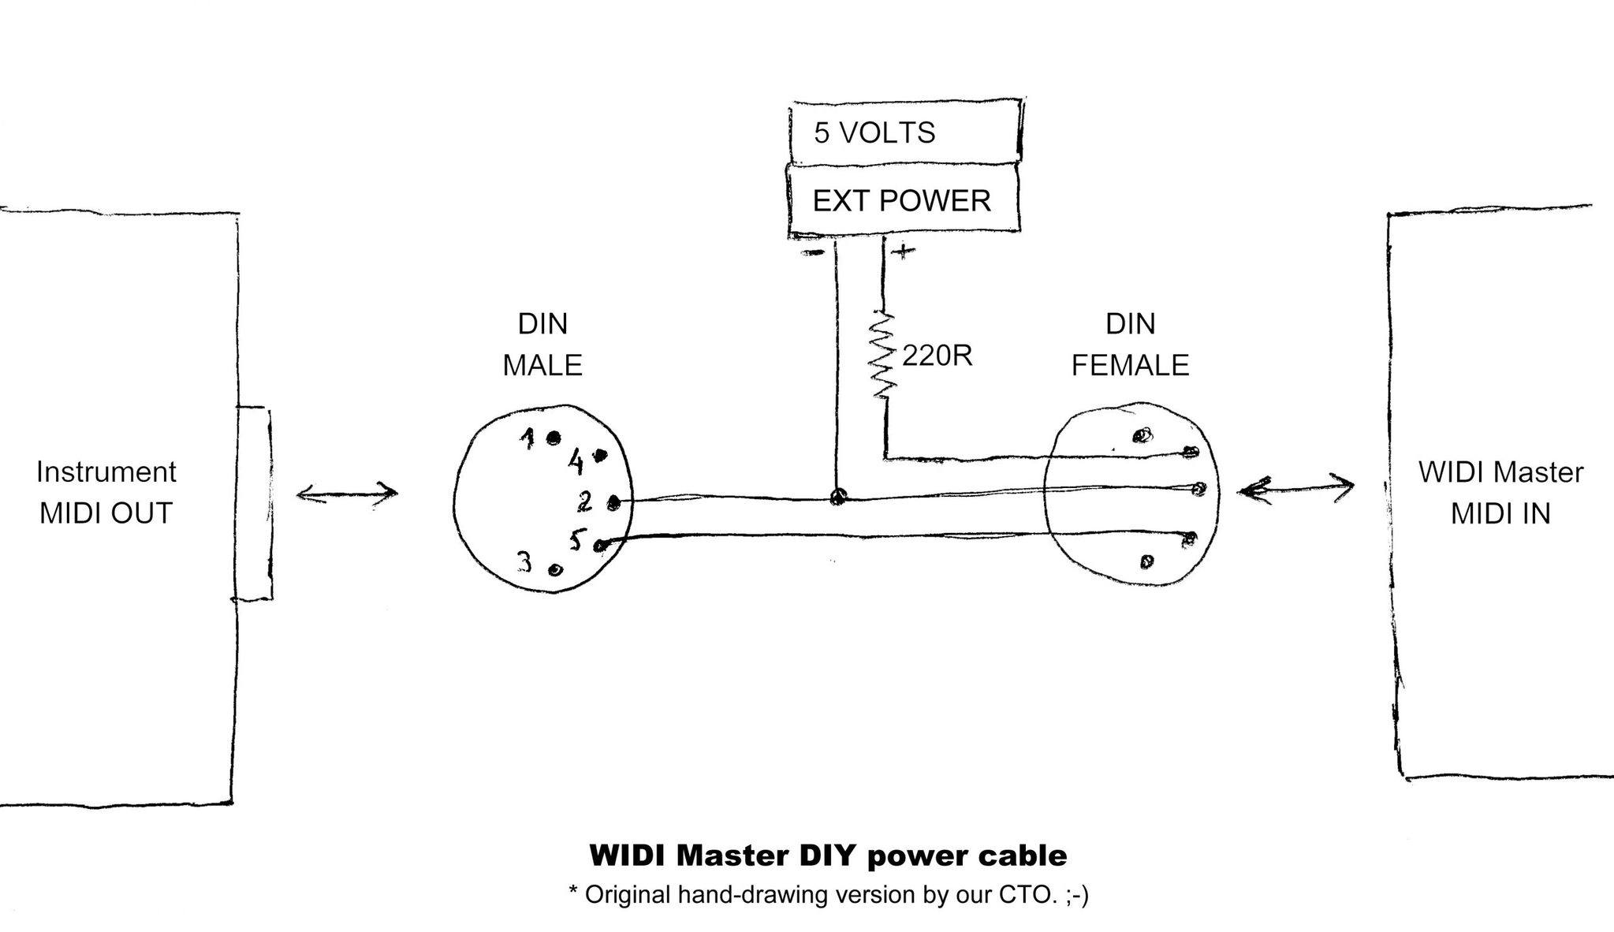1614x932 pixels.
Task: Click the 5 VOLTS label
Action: pos(874,132)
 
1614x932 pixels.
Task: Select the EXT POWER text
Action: pos(901,201)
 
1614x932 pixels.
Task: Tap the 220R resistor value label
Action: pos(937,356)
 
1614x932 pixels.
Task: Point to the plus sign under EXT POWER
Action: pos(903,252)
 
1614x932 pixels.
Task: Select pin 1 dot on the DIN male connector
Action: pos(554,437)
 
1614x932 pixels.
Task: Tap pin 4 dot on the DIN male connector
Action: pos(601,455)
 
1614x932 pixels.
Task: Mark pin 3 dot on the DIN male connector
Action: pos(555,569)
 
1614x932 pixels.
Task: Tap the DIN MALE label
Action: pos(542,345)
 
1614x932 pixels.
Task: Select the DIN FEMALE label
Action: pos(1130,345)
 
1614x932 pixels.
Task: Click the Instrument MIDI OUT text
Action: pos(106,493)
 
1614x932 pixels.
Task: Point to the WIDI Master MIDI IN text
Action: pos(1500,493)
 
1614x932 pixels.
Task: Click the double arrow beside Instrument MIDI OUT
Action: pos(347,494)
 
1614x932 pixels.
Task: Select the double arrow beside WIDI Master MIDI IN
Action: pos(1295,489)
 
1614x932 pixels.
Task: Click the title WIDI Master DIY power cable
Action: pos(828,855)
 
